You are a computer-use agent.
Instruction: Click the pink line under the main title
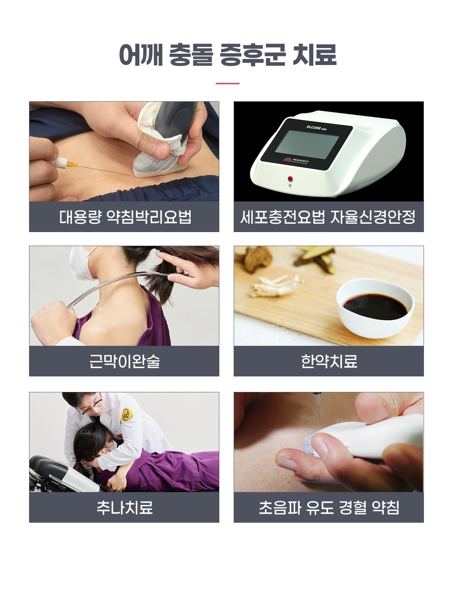(228, 84)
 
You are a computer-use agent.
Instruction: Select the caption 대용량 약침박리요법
(125, 217)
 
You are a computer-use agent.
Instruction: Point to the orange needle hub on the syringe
(73, 164)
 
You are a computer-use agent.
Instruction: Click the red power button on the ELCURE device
(290, 178)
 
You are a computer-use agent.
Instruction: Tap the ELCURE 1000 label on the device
(316, 127)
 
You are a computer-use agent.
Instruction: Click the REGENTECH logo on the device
(296, 160)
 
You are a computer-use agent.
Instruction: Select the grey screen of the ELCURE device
(307, 144)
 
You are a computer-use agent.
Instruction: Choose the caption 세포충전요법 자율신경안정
(328, 217)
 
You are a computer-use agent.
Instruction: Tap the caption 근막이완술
(124, 361)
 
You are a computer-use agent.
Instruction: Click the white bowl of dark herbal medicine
(375, 308)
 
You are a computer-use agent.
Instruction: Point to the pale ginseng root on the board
(276, 285)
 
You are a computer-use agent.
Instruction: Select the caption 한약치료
(329, 361)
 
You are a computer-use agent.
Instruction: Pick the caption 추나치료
(124, 507)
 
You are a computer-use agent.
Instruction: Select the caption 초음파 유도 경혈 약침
(329, 507)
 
